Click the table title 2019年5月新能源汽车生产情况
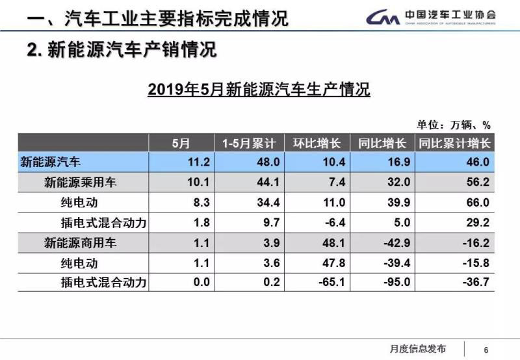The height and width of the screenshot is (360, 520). pyautogui.click(x=259, y=90)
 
